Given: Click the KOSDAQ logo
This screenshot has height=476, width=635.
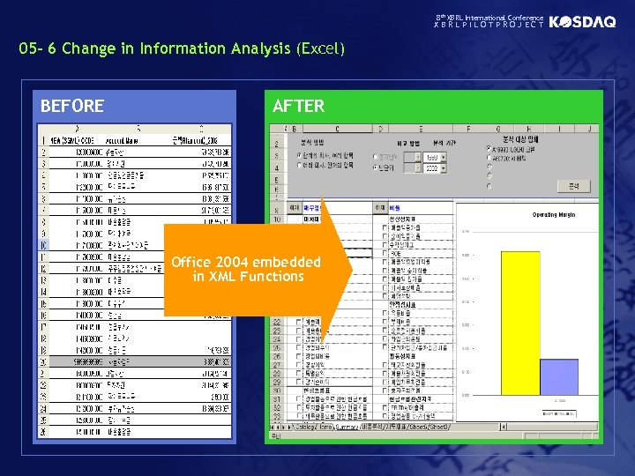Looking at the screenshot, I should tap(582, 22).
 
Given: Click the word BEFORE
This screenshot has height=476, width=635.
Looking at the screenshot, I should tap(72, 107).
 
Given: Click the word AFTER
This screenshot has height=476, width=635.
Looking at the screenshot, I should tap(298, 107).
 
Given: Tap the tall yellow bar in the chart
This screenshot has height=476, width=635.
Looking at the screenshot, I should tap(519, 322).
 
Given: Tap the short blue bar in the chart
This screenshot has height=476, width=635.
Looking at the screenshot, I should tap(558, 376).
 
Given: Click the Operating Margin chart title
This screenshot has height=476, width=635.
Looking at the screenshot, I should tap(555, 214).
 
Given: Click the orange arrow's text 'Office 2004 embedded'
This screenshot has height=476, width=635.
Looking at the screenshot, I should tap(246, 263).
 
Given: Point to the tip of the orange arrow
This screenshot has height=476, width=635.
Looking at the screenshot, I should tap(351, 269).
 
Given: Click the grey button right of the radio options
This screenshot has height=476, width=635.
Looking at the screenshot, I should tap(573, 187).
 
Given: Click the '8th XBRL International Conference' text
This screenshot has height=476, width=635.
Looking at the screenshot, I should tap(490, 17).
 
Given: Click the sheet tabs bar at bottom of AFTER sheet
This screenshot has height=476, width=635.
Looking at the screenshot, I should tap(362, 427).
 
